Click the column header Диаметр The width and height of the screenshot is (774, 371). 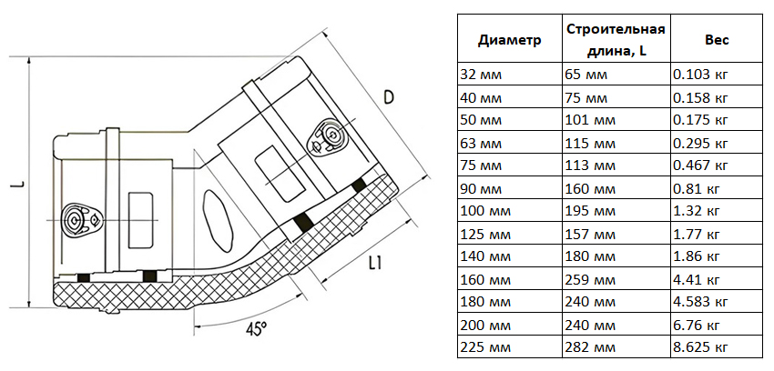pyautogui.click(x=510, y=40)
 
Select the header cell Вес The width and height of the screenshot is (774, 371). pyautogui.click(x=716, y=40)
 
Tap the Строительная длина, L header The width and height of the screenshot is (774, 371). pyautogui.click(x=616, y=40)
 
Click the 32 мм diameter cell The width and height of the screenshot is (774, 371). pyautogui.click(x=483, y=75)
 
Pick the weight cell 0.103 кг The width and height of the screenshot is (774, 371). pyautogui.click(x=700, y=75)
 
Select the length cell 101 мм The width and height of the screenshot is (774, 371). pyautogui.click(x=587, y=120)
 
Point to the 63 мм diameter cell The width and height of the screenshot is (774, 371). pyautogui.click(x=483, y=143)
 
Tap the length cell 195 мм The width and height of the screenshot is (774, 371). pyautogui.click(x=587, y=211)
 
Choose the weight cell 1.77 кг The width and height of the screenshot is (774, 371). pyautogui.click(x=697, y=234)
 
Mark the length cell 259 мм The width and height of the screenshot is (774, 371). pyautogui.click(x=587, y=279)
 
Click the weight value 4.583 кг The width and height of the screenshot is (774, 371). pyautogui.click(x=700, y=302)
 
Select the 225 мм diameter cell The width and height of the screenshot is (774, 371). pyautogui.click(x=486, y=347)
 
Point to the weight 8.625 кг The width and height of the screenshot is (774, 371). pyautogui.click(x=700, y=347)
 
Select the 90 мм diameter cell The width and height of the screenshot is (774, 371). pyautogui.click(x=483, y=188)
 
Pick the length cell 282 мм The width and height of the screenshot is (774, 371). pyautogui.click(x=587, y=347)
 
